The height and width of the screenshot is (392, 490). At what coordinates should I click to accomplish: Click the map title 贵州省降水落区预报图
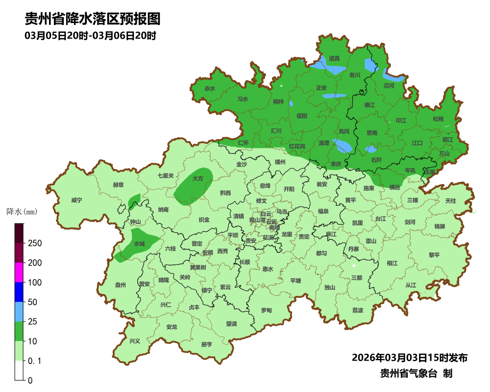93,19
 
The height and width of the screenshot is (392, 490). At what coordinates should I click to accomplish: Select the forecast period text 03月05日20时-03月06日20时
90,36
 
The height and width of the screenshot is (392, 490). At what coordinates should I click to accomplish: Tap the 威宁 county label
76,200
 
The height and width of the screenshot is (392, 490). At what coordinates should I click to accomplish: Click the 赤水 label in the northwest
210,89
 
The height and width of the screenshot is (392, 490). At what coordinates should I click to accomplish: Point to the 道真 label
334,58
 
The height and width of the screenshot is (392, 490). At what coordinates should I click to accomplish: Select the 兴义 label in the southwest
134,341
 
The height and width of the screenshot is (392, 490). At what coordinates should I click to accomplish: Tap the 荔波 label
358,311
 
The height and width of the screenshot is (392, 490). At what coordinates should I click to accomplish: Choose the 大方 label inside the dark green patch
197,179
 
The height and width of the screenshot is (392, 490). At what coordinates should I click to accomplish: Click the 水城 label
139,244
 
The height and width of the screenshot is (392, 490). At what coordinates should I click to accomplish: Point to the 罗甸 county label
266,310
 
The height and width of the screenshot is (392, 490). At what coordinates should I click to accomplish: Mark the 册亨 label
206,344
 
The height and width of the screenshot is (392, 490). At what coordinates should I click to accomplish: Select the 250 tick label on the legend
34,244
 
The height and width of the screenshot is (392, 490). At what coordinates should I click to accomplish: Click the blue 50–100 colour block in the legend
19,292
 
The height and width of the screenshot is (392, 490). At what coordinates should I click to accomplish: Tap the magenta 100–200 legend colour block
19,272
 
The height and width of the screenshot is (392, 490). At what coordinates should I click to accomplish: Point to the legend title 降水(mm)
22,212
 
